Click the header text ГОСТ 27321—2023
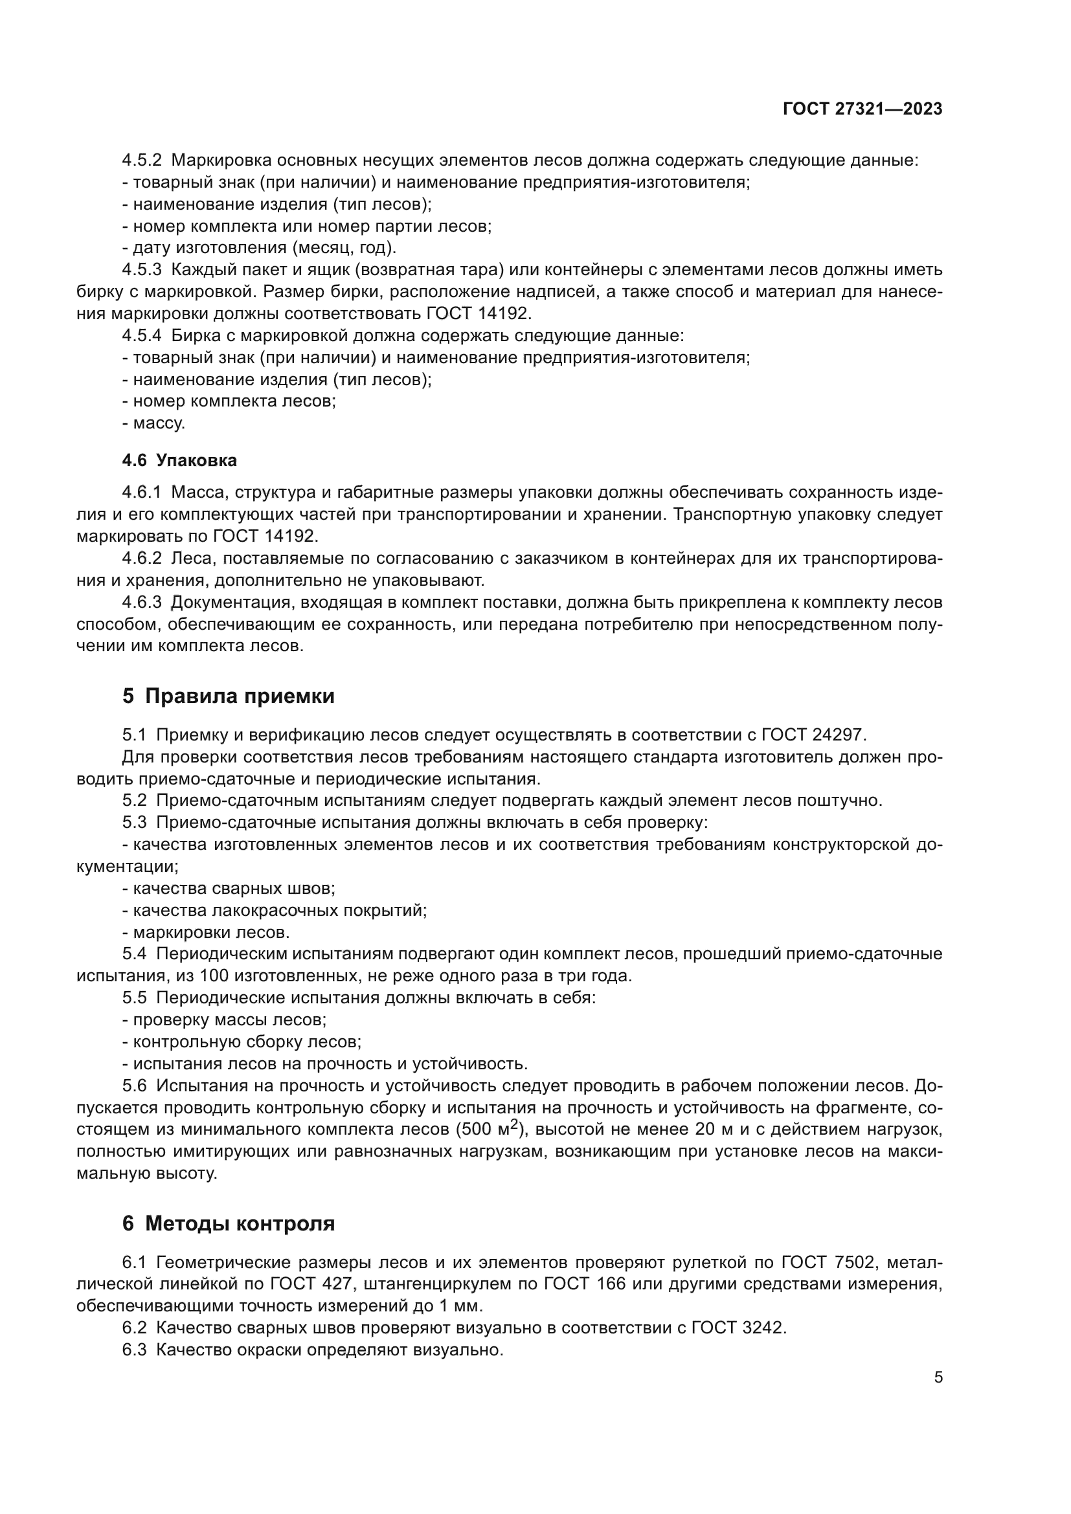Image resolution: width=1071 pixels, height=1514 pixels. (x=862, y=109)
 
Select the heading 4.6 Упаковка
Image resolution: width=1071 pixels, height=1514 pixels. (x=179, y=460)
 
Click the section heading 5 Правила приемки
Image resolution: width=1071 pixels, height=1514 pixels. (x=228, y=696)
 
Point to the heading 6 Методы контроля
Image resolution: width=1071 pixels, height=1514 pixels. (x=228, y=1224)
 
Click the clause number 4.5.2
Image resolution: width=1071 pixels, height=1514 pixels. (x=142, y=161)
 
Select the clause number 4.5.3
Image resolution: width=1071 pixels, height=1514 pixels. (x=142, y=270)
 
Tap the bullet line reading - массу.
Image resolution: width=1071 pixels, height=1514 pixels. (x=153, y=423)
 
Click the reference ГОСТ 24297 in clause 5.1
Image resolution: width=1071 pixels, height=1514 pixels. (x=814, y=735)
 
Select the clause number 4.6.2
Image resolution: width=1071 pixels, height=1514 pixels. (x=142, y=559)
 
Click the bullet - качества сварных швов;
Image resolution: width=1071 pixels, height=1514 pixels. (x=229, y=888)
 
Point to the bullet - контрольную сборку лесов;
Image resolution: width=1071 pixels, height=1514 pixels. (x=242, y=1042)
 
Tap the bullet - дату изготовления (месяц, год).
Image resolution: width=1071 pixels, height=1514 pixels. (x=259, y=248)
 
